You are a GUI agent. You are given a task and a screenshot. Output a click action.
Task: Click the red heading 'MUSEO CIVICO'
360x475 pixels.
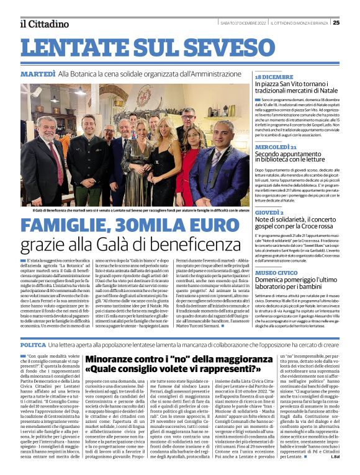[x=276, y=272]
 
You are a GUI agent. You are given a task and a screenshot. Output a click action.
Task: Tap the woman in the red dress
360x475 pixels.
[x=187, y=174]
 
